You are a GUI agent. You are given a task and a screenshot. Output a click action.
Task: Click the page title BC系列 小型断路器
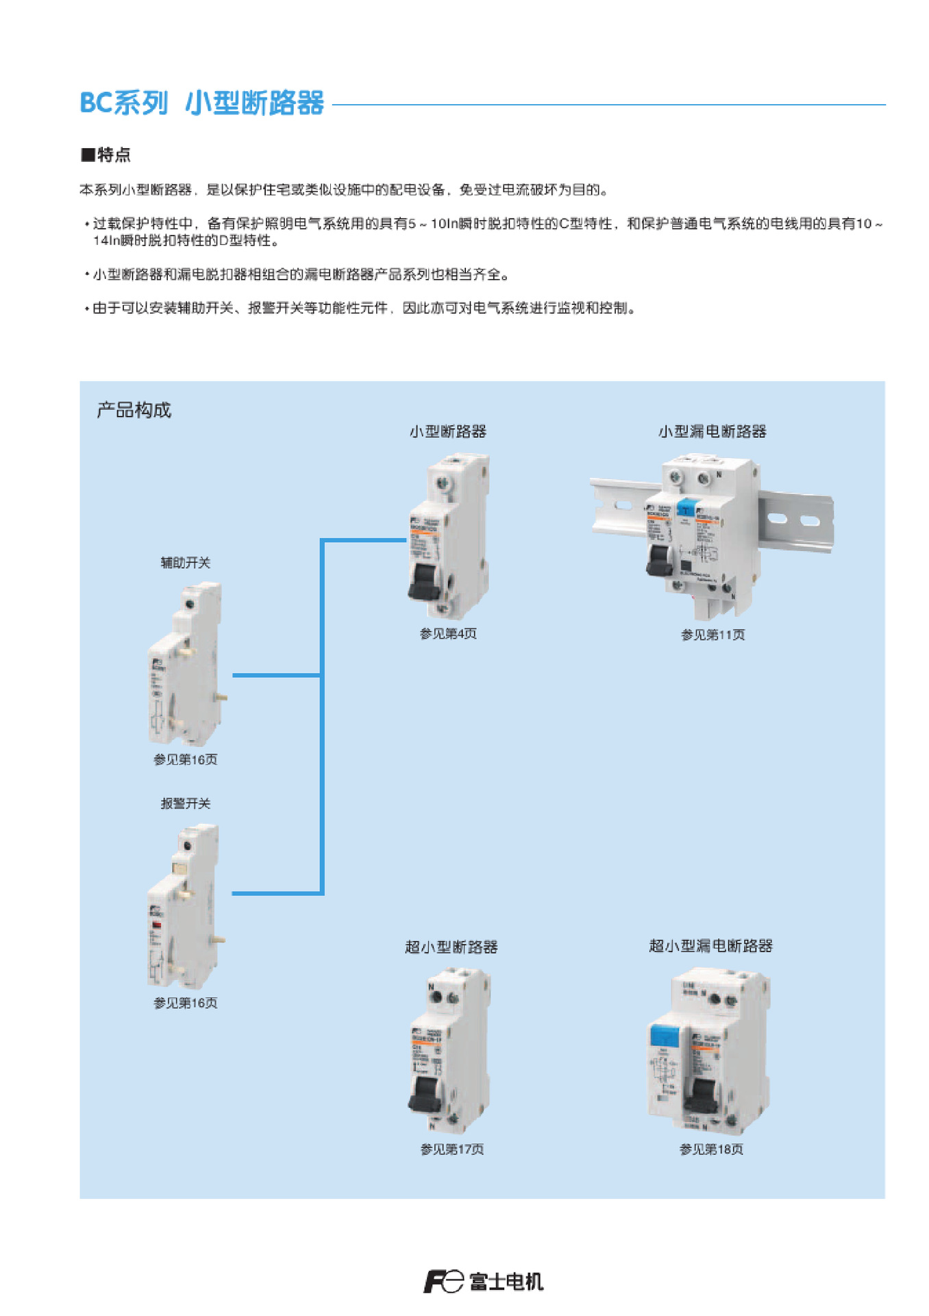point(201,103)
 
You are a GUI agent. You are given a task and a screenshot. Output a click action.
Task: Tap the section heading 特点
point(106,154)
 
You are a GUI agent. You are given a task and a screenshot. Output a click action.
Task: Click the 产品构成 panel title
point(134,410)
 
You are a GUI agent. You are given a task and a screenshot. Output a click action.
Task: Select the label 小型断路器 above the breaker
point(447,431)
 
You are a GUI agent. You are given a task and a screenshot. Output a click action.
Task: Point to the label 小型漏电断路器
point(712,431)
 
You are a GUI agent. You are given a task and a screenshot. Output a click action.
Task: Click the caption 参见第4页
point(447,634)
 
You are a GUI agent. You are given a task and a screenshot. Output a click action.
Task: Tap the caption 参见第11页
point(712,635)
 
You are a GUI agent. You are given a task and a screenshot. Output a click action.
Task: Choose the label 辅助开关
point(185,563)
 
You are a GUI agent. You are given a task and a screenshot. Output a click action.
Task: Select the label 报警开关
point(185,803)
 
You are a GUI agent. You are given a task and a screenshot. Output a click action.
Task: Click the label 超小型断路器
point(451,947)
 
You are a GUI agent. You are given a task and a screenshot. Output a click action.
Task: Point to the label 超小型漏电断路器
point(710,946)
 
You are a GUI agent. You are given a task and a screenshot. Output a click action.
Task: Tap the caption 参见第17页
point(451,1149)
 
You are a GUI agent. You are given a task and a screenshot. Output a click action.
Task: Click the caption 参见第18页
point(710,1149)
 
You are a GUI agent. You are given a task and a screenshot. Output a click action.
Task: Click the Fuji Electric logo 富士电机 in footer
point(484,1281)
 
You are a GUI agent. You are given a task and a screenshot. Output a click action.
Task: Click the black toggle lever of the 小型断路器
point(423,583)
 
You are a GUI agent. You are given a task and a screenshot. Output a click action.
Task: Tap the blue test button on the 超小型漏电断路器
point(663,1034)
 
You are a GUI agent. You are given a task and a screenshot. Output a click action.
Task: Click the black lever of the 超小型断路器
point(425,1094)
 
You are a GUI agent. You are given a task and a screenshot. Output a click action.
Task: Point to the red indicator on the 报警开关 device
point(157,925)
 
